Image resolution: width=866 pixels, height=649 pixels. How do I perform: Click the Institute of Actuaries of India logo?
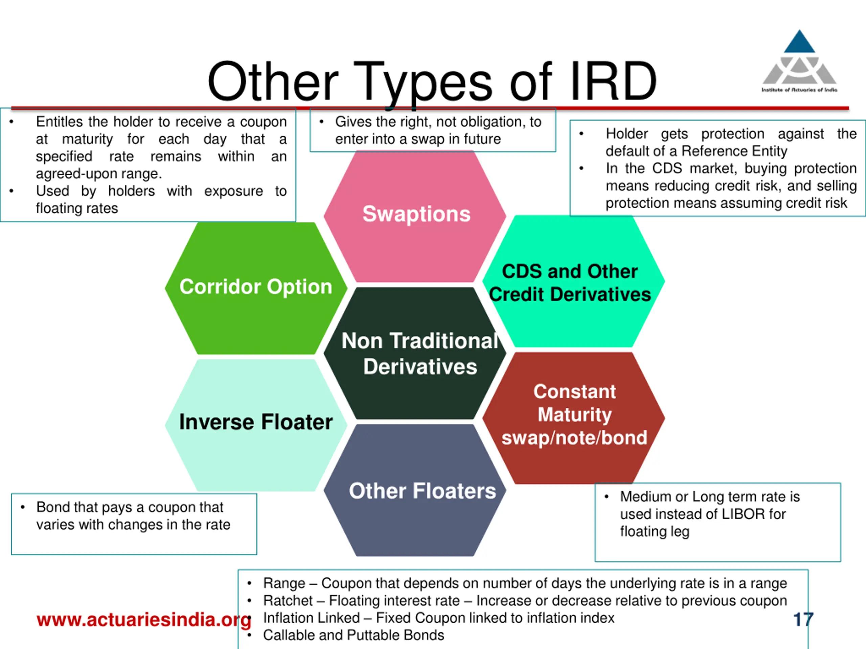click(x=799, y=63)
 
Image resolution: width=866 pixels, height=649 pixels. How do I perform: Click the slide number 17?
click(x=803, y=619)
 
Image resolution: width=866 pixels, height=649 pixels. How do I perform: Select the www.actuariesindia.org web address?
click(x=144, y=620)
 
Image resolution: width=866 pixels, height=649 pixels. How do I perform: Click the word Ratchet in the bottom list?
click(x=288, y=600)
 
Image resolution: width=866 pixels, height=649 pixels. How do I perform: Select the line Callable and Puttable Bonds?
click(x=354, y=635)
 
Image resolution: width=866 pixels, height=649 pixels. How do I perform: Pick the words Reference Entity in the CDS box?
click(x=734, y=151)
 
